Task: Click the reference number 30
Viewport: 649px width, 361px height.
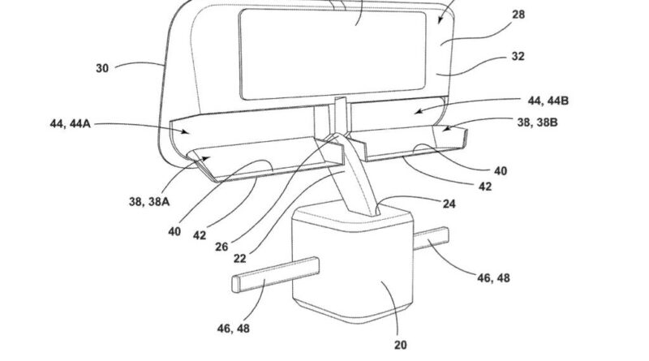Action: (102, 68)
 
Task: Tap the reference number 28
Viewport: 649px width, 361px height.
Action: (518, 15)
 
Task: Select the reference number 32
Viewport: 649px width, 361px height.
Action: (518, 56)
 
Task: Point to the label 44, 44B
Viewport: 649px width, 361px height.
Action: (548, 101)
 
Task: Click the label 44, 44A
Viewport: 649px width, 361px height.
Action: (70, 123)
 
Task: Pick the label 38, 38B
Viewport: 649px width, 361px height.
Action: (537, 122)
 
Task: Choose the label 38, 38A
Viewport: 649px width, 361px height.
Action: (149, 202)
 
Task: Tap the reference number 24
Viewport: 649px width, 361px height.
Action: (449, 204)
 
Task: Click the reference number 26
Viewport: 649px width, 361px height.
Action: (221, 247)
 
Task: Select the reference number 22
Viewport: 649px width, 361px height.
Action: (239, 259)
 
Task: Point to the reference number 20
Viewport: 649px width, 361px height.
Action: (400, 345)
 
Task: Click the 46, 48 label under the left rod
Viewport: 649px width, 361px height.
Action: (234, 329)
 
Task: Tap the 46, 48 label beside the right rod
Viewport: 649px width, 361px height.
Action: (493, 277)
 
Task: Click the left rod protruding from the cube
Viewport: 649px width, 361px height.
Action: (275, 275)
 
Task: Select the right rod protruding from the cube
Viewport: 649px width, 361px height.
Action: (431, 239)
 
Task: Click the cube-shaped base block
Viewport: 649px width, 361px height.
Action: (353, 265)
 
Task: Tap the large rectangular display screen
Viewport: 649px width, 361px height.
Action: (333, 54)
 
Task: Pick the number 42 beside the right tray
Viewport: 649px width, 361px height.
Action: (485, 187)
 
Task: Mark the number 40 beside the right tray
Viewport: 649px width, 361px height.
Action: (501, 170)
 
